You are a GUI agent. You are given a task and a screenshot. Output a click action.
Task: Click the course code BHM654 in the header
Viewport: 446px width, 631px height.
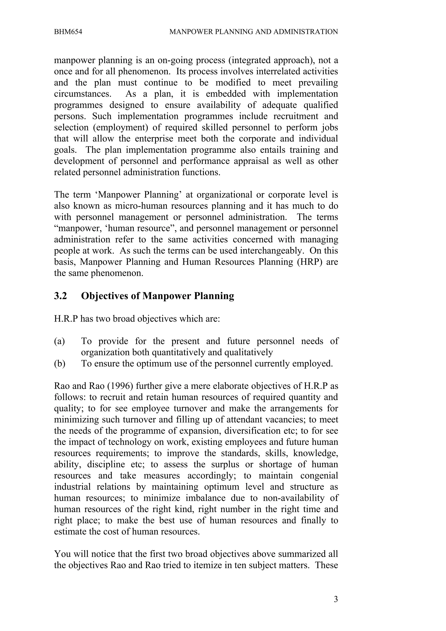point(68,32)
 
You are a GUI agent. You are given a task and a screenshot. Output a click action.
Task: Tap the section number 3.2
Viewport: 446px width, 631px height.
point(61,296)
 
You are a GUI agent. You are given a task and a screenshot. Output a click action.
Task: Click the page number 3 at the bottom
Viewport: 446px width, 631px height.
point(336,599)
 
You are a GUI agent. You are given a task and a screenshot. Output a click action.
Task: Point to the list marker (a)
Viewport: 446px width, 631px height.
point(59,341)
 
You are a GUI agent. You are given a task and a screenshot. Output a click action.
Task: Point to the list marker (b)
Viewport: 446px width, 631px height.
point(60,364)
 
